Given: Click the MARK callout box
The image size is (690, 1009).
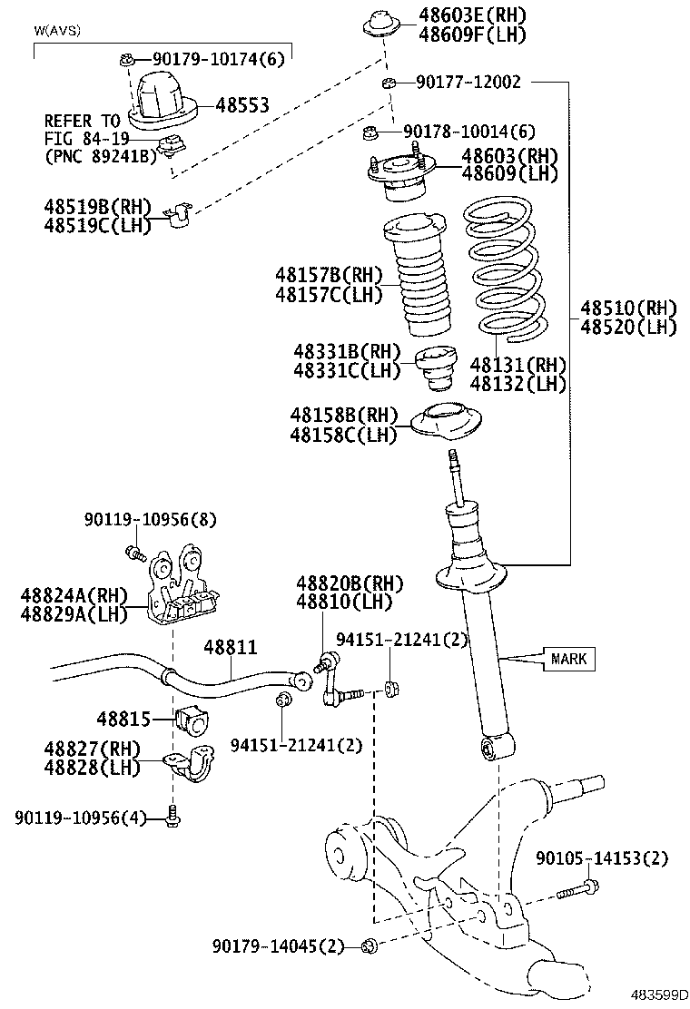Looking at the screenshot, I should [569, 659].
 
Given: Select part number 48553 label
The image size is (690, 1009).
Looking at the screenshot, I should [242, 105].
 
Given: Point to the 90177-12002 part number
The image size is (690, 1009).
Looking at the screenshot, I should [468, 83].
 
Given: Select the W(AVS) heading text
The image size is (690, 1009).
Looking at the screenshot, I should [57, 31].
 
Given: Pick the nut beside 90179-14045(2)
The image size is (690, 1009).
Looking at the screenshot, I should [368, 947].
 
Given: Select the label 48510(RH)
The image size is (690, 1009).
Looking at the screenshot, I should [629, 309].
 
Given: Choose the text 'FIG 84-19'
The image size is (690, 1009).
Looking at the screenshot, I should [86, 138].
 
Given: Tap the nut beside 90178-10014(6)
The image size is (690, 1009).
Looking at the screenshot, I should [371, 134].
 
